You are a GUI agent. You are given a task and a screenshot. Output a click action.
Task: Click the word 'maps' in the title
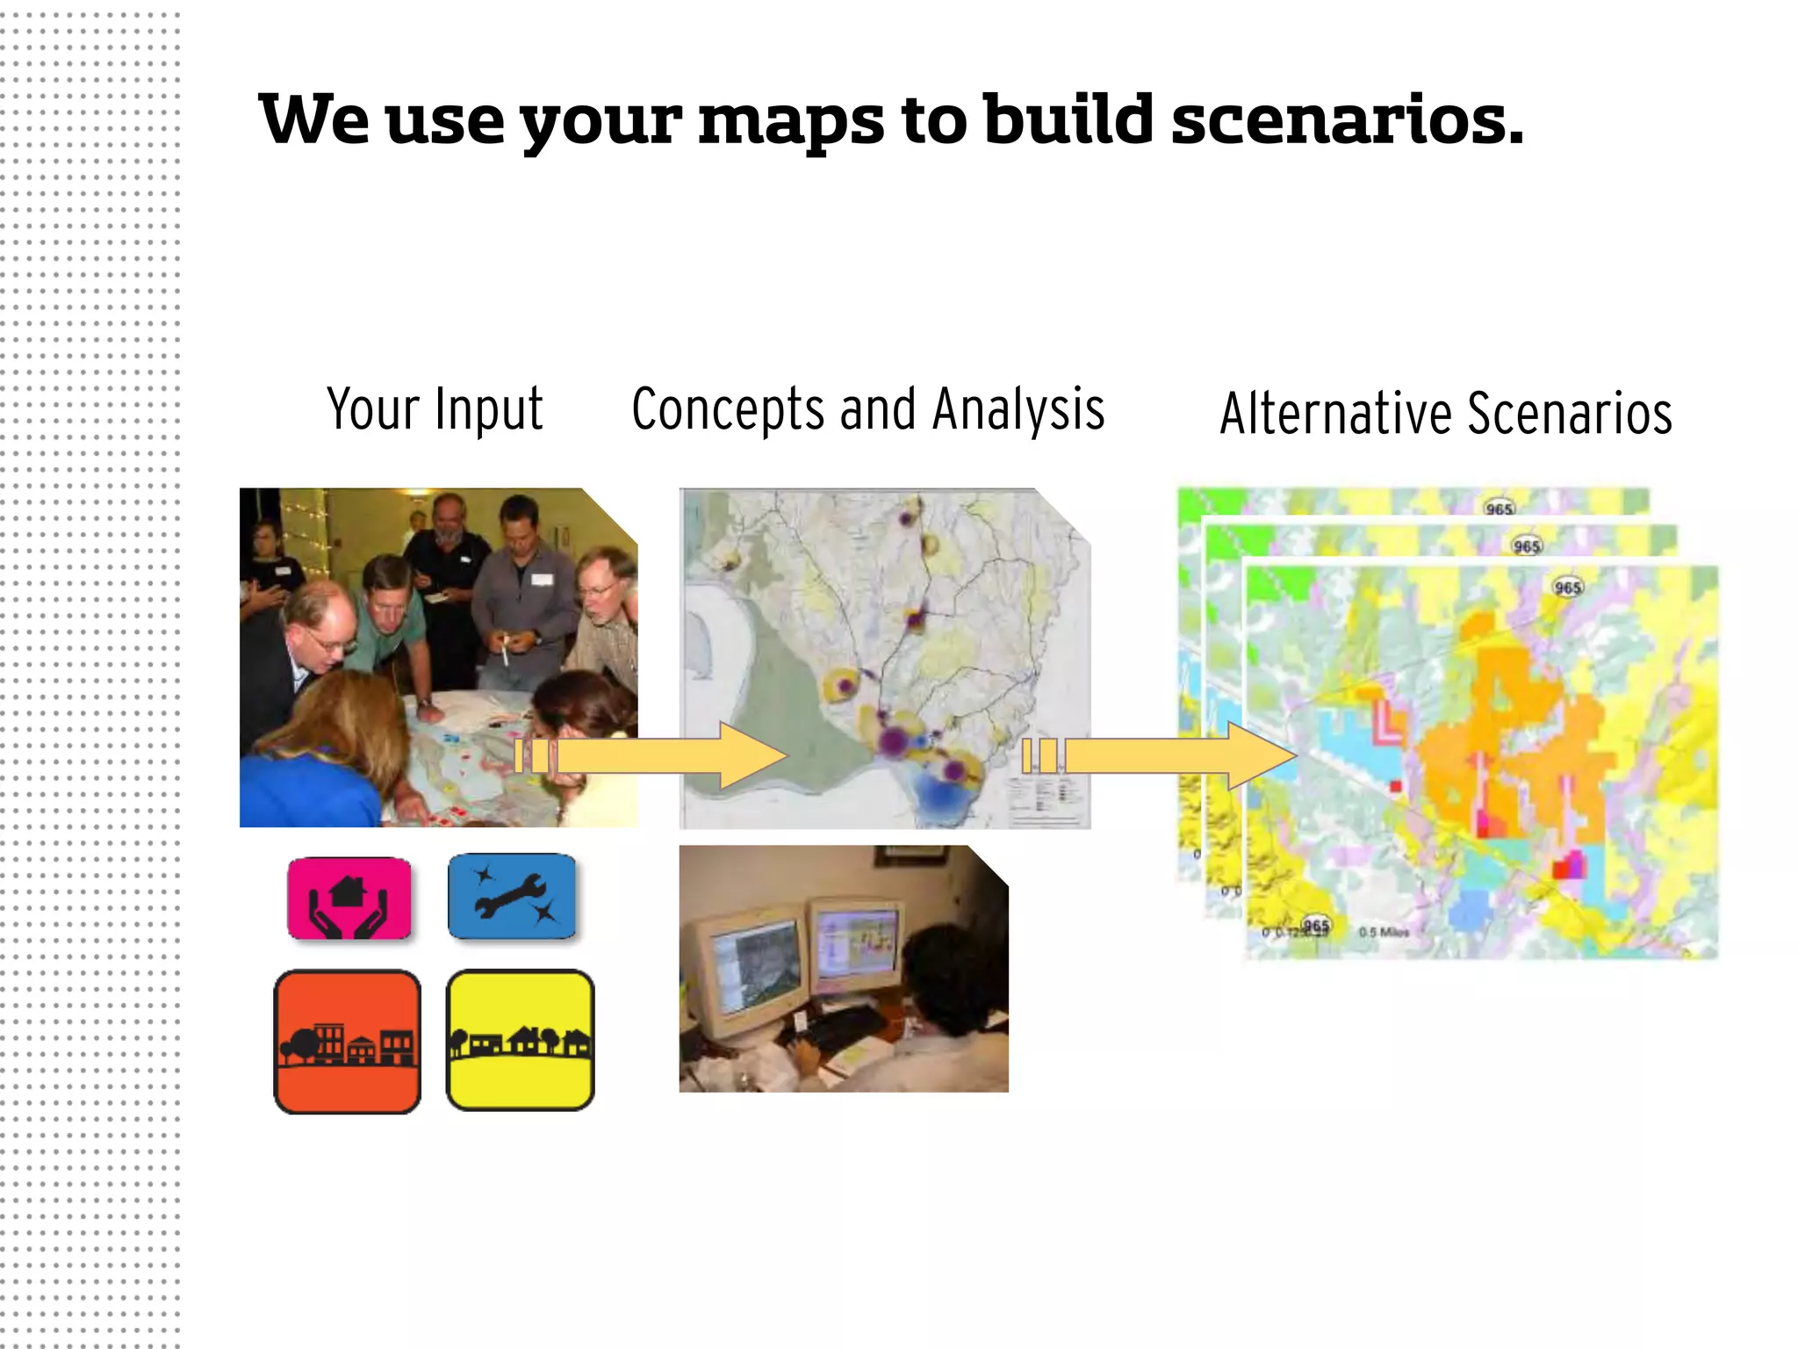790,121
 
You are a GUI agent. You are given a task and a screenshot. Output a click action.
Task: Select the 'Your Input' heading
435,409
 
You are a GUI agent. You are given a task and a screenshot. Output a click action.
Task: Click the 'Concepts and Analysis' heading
867,409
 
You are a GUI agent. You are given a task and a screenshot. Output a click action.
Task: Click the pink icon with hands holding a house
349,898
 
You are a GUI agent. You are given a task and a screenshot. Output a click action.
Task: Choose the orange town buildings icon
348,1042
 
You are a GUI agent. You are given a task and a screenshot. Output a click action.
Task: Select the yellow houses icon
520,1040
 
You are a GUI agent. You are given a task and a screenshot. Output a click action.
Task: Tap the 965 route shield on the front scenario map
1567,587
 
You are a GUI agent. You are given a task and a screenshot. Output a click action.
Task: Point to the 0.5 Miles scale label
1384,932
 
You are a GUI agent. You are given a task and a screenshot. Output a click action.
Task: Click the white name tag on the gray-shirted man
542,579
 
